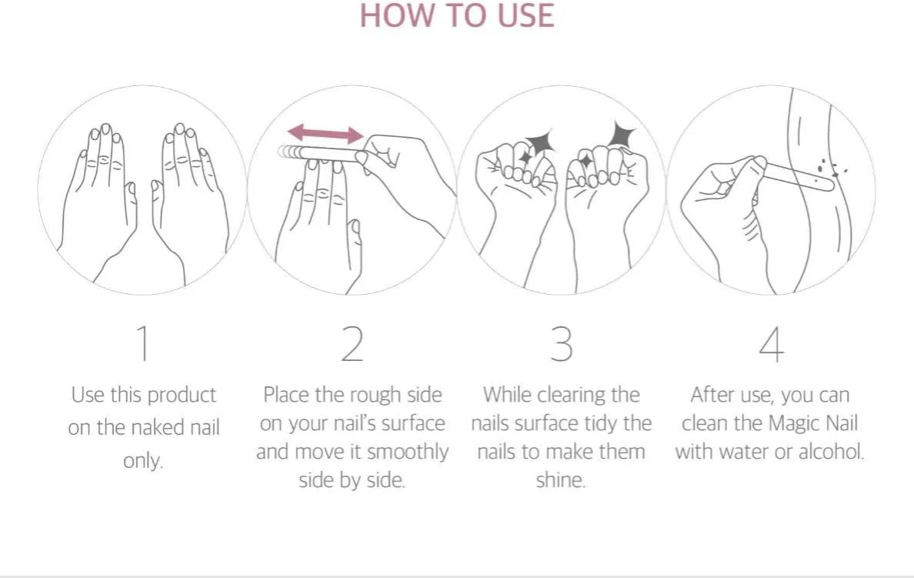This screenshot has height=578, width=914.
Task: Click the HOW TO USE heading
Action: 457,15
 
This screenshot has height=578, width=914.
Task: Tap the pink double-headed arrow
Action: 325,133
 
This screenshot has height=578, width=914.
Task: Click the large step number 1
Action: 143,343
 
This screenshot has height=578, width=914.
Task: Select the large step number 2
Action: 352,343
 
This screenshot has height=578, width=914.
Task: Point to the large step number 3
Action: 562,343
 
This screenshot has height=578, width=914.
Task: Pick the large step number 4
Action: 771,344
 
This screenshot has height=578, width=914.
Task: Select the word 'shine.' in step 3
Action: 561,480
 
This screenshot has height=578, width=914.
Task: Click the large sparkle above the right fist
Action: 622,134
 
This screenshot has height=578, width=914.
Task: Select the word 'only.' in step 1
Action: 143,461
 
